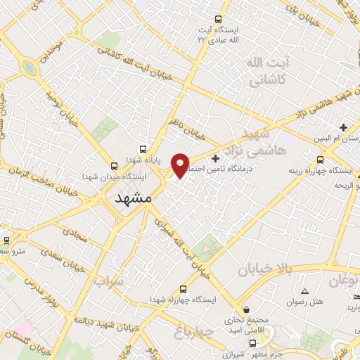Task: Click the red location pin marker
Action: pos(180,165)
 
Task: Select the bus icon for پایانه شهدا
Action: pos(143,149)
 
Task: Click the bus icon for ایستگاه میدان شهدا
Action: pos(114,167)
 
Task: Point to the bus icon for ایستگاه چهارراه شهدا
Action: pos(184,289)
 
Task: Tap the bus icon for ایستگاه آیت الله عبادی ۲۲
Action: pos(218,20)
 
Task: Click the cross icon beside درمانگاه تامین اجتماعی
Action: pos(215,157)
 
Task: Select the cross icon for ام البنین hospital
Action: pos(342,127)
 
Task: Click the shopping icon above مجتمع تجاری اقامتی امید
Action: pos(245,309)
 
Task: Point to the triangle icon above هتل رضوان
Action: pos(304,291)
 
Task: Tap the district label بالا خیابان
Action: pos(264,269)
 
